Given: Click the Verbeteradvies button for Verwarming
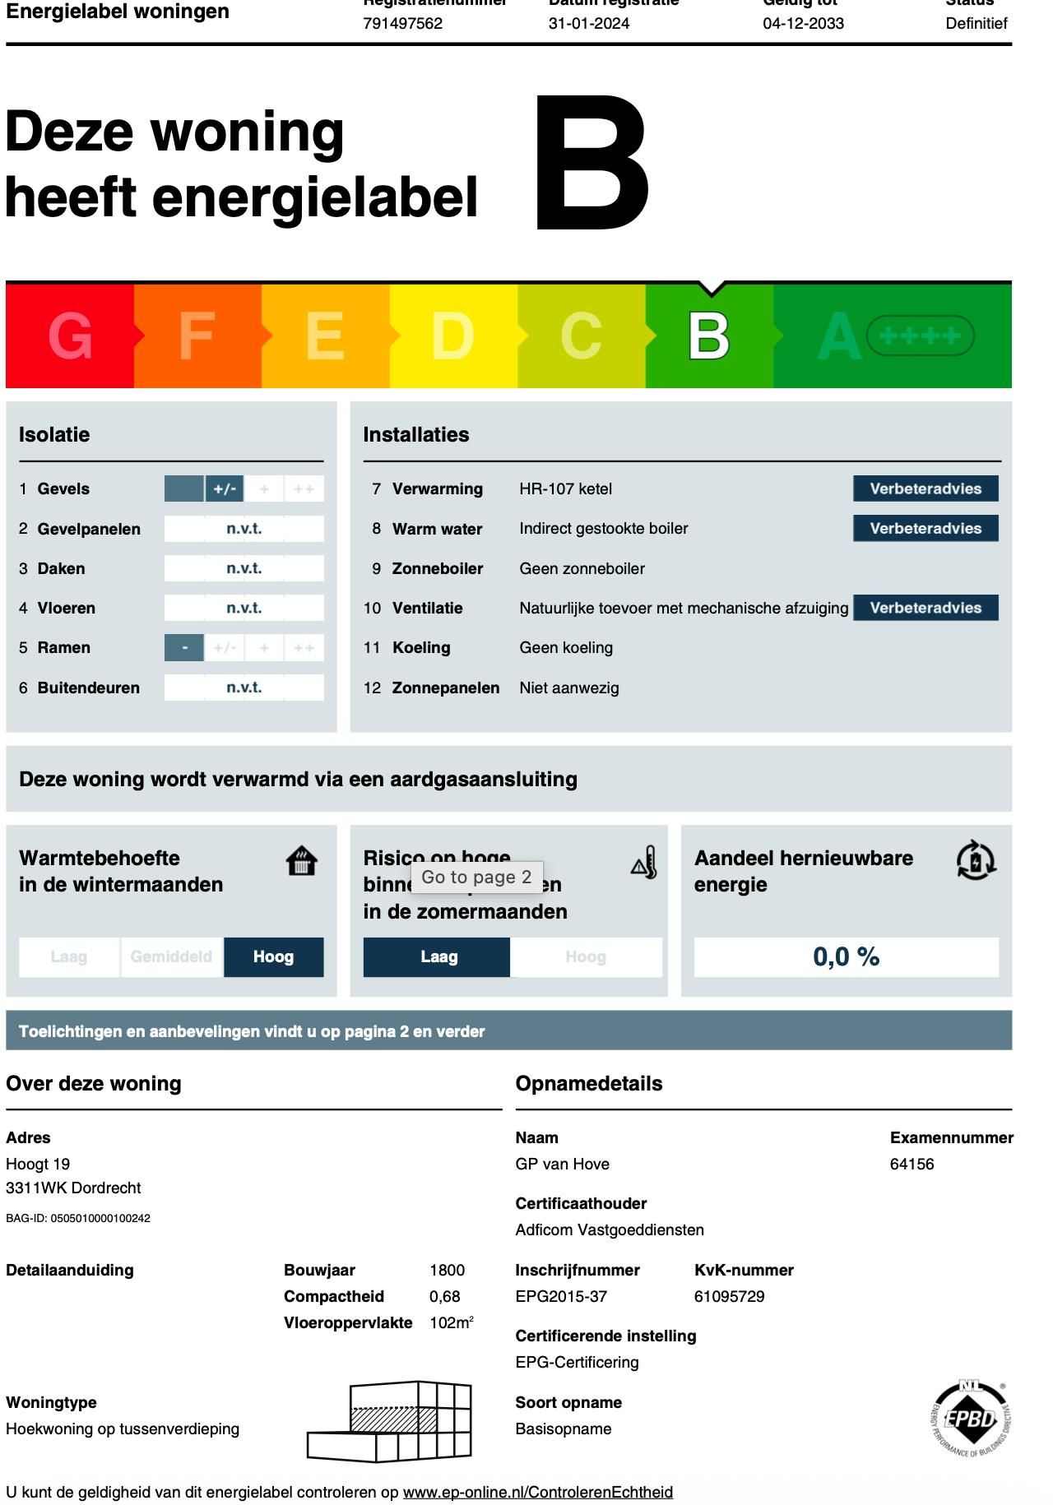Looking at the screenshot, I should pyautogui.click(x=925, y=489).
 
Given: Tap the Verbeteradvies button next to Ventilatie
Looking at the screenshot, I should pyautogui.click(x=925, y=608).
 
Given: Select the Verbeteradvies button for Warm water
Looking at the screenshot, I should pyautogui.click(x=925, y=528).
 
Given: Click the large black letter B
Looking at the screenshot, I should pyautogui.click(x=592, y=163).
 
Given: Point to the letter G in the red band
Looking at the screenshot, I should pyautogui.click(x=70, y=336).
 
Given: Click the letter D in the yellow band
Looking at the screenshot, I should pyautogui.click(x=452, y=336).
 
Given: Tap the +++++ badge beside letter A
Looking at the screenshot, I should pyautogui.click(x=920, y=336).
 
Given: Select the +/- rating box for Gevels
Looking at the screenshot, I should pyautogui.click(x=225, y=489).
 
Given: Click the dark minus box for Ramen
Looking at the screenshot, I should pyautogui.click(x=184, y=648).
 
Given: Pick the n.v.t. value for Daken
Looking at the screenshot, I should pyautogui.click(x=244, y=568).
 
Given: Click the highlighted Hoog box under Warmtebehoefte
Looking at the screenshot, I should pyautogui.click(x=273, y=956).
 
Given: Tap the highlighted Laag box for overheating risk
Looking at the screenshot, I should pyautogui.click(x=438, y=956).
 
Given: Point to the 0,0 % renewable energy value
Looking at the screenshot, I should pyautogui.click(x=846, y=956).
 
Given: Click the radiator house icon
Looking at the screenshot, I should pyautogui.click(x=302, y=861).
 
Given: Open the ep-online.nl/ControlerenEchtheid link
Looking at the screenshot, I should pyautogui.click(x=538, y=1492).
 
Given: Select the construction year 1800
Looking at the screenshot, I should pyautogui.click(x=447, y=1270).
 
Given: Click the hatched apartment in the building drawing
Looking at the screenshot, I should pyautogui.click(x=393, y=1419).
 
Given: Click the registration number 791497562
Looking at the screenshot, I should pyautogui.click(x=403, y=23).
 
